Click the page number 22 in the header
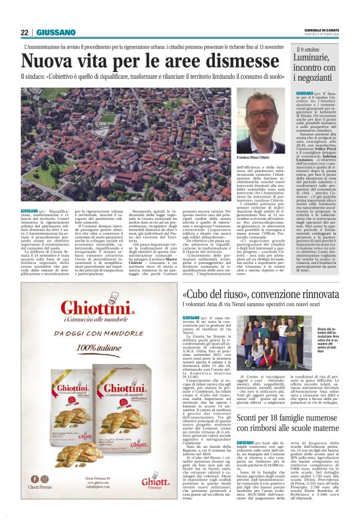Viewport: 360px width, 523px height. click(25, 32)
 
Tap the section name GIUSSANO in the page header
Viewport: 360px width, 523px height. click(56, 32)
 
